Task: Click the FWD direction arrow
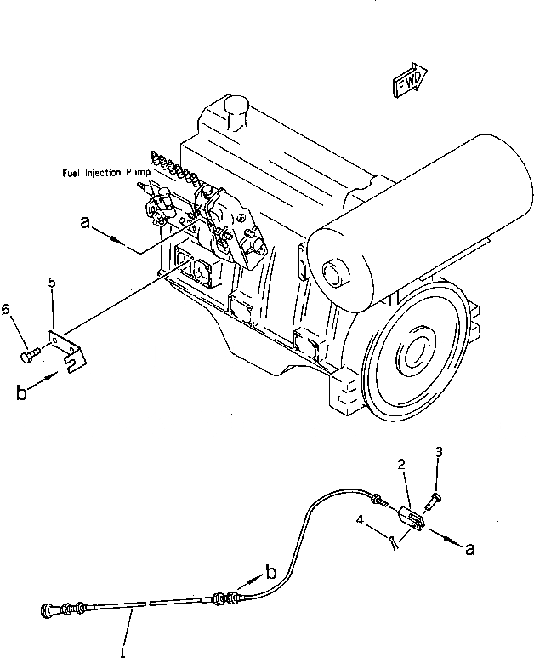(x=410, y=79)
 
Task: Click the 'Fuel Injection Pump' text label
(x=106, y=173)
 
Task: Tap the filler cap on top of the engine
(x=233, y=108)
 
